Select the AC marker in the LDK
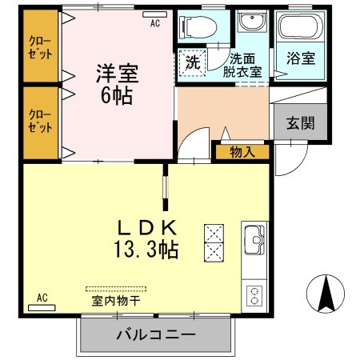(42, 298)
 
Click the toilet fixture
(194, 28)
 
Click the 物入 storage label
(242, 150)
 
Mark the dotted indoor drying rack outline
(116, 288)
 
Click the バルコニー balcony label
(156, 334)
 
